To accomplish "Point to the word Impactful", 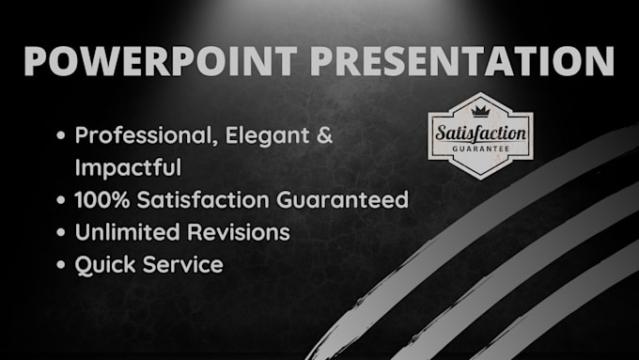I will tap(128, 168).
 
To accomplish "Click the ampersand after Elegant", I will tap(324, 136).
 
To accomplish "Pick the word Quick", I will tap(104, 264).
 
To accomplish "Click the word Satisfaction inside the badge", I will tap(479, 133).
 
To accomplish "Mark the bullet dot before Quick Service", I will tap(61, 265).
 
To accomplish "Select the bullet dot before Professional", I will tap(61, 137).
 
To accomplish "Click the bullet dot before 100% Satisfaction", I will tap(61, 201).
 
